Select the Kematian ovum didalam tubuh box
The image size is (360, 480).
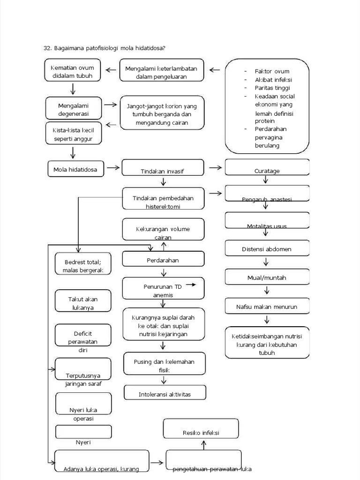(72, 71)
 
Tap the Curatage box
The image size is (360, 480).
(267, 167)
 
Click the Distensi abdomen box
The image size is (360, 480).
(267, 249)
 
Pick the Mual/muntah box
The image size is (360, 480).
(267, 277)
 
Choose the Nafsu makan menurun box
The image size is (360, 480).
(267, 307)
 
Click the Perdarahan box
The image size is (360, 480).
(164, 260)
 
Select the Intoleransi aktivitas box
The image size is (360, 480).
(165, 394)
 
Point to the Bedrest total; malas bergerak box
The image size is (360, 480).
(83, 265)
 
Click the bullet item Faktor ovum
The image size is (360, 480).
(272, 71)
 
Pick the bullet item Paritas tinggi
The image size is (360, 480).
(272, 88)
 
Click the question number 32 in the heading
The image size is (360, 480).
(46, 48)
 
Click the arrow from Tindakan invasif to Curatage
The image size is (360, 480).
(215, 167)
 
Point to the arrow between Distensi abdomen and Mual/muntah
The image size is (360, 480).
(266, 262)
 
